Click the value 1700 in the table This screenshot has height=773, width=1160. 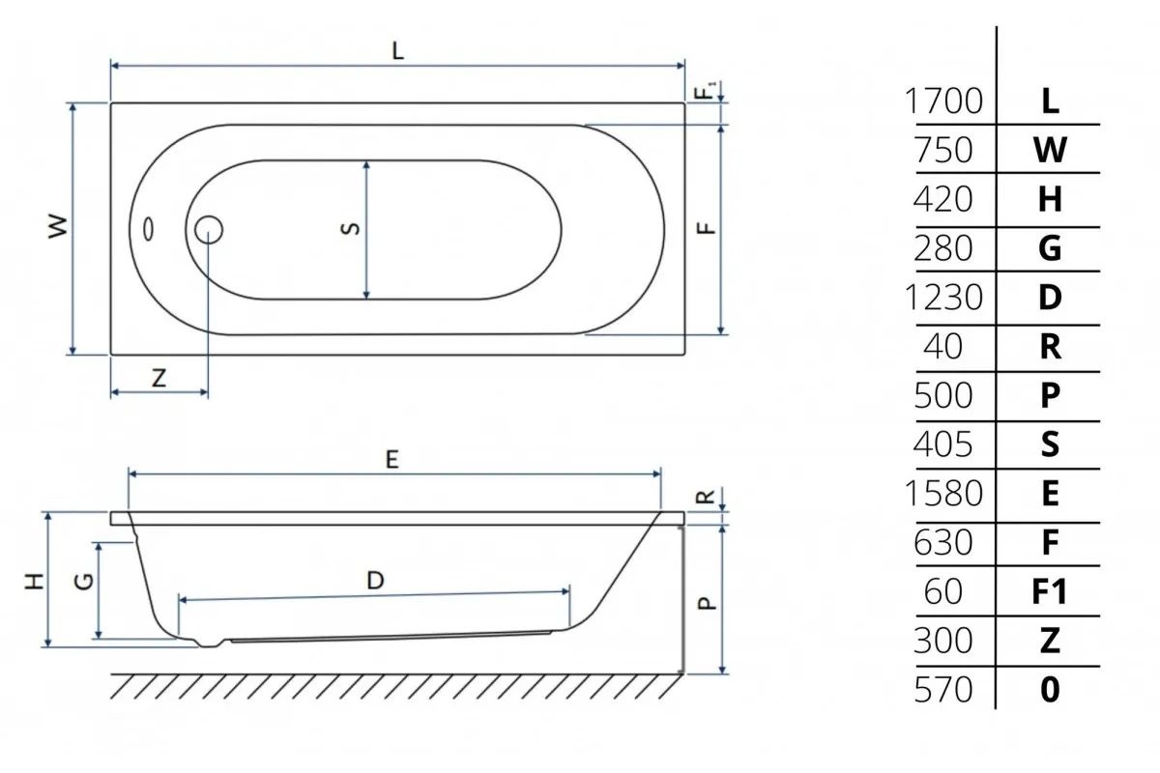point(943,100)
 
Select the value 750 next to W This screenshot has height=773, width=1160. point(943,150)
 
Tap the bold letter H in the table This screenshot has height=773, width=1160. point(1050,199)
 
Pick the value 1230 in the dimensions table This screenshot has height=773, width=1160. point(943,298)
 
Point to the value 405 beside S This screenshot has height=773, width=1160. point(943,444)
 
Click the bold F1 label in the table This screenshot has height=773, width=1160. point(1049,591)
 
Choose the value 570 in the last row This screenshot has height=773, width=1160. point(943,690)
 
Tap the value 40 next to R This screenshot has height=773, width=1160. point(943,346)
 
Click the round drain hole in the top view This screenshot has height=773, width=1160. point(209,230)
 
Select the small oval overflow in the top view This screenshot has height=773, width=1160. point(149,229)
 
